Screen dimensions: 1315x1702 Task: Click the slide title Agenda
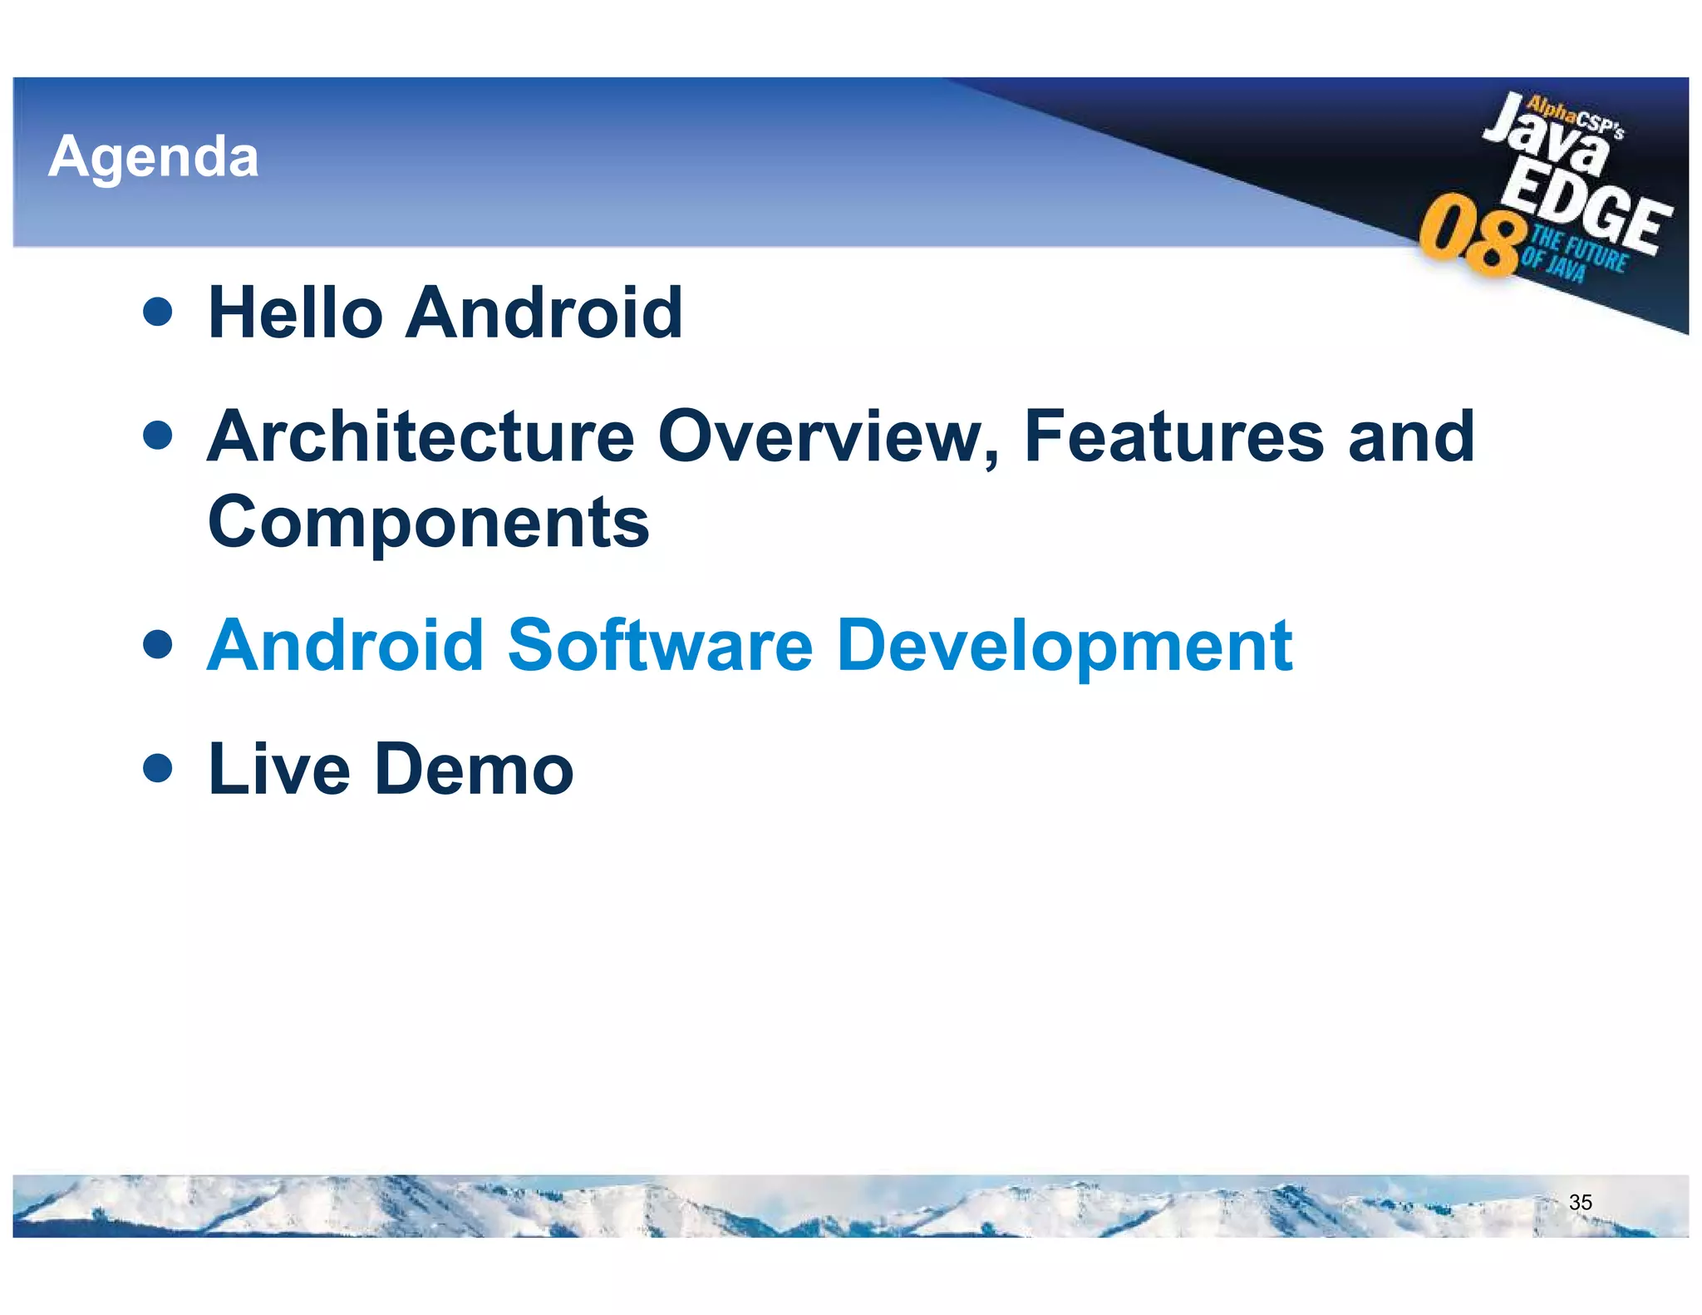click(154, 156)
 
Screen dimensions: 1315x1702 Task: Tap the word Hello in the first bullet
click(296, 313)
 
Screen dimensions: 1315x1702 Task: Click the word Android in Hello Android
click(544, 313)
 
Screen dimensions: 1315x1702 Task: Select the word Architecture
click(421, 437)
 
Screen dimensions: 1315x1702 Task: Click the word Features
click(1173, 437)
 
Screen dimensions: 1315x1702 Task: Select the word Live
click(278, 769)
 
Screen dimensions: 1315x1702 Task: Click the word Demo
click(474, 769)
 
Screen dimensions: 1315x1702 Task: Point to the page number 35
click(1580, 1202)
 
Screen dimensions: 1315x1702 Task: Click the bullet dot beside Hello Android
click(157, 312)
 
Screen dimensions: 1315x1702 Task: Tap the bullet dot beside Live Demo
click(157, 768)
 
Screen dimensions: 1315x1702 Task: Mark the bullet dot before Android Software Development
click(157, 644)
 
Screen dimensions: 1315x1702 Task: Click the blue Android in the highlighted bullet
click(345, 646)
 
